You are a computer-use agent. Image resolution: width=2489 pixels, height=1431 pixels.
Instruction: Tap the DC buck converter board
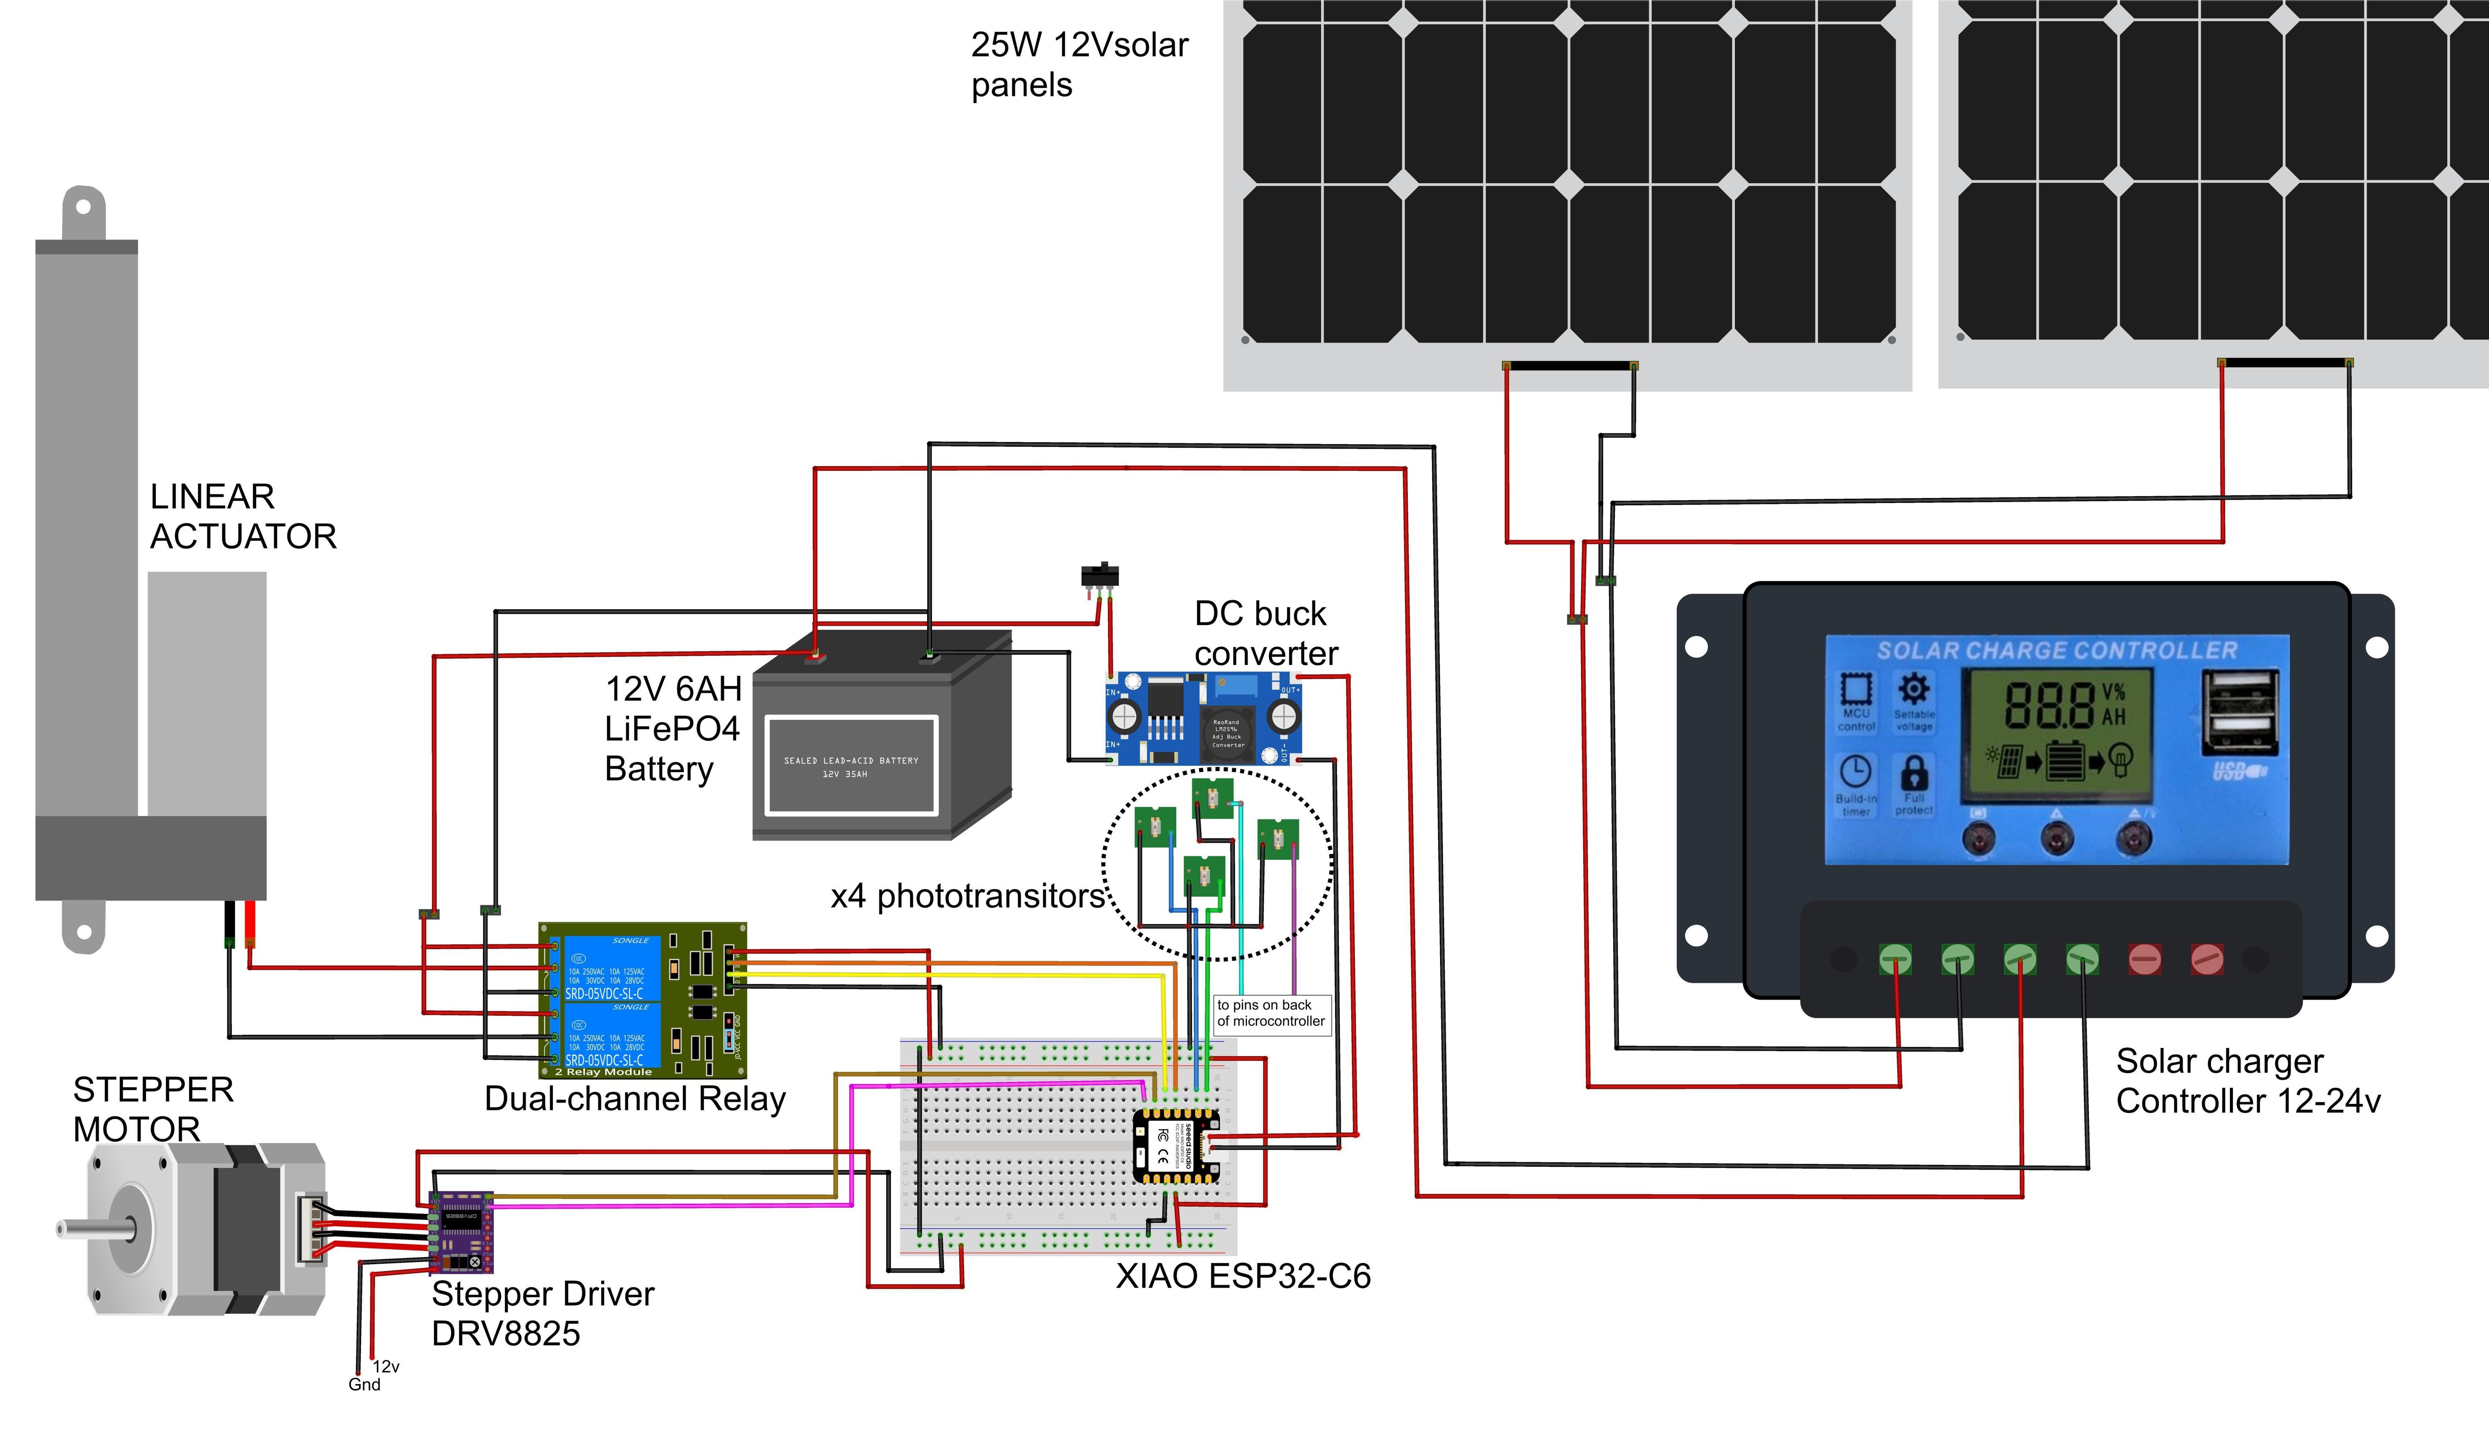pyautogui.click(x=1205, y=718)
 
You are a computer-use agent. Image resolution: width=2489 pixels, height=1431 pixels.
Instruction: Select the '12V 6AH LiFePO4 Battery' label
pyautogui.click(x=673, y=728)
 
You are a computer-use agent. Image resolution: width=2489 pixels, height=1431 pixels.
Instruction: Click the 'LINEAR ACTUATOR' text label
pyautogui.click(x=243, y=517)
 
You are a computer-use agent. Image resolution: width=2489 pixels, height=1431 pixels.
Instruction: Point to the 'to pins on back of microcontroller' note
pyautogui.click(x=1271, y=1013)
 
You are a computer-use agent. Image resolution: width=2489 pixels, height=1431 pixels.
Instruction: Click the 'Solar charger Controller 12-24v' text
pyautogui.click(x=2247, y=1081)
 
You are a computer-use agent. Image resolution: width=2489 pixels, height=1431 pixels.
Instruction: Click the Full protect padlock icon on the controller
pyautogui.click(x=1914, y=773)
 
